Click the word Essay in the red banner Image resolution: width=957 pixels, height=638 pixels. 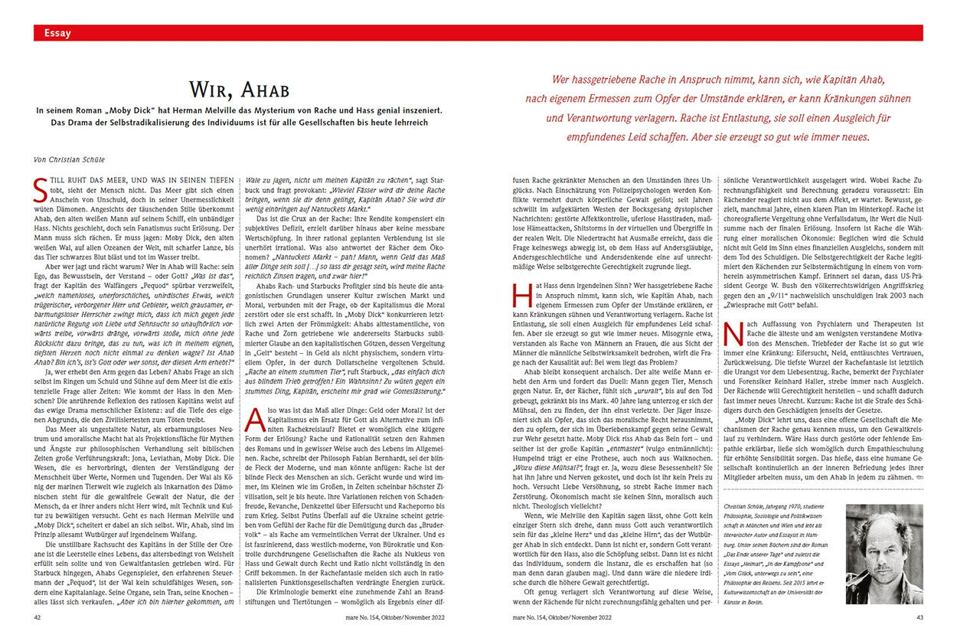(x=58, y=33)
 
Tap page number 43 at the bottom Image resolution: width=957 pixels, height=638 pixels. (x=917, y=615)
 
